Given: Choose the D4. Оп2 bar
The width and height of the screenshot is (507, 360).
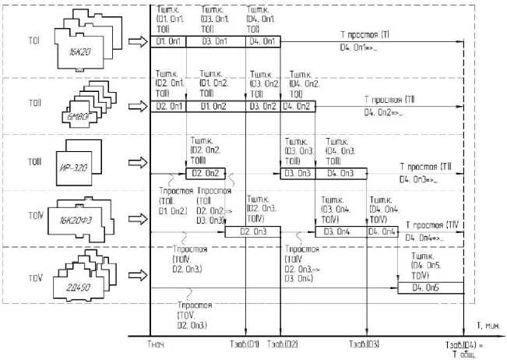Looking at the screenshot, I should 298,106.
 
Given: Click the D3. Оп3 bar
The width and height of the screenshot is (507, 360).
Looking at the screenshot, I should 298,173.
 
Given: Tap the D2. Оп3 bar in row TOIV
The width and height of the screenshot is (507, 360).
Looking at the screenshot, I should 251,231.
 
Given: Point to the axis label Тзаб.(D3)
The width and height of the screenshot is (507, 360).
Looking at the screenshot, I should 364,344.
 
